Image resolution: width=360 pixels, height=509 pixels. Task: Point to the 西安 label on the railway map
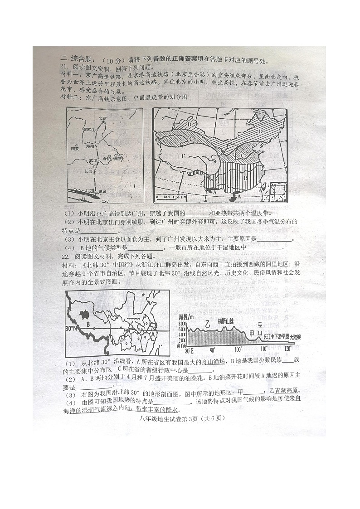75,149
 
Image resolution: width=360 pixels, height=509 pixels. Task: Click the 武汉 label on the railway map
93,160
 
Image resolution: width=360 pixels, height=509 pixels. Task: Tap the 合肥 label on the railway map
107,159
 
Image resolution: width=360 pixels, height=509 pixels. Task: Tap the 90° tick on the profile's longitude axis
212,350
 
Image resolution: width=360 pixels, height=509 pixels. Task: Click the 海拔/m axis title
186,316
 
